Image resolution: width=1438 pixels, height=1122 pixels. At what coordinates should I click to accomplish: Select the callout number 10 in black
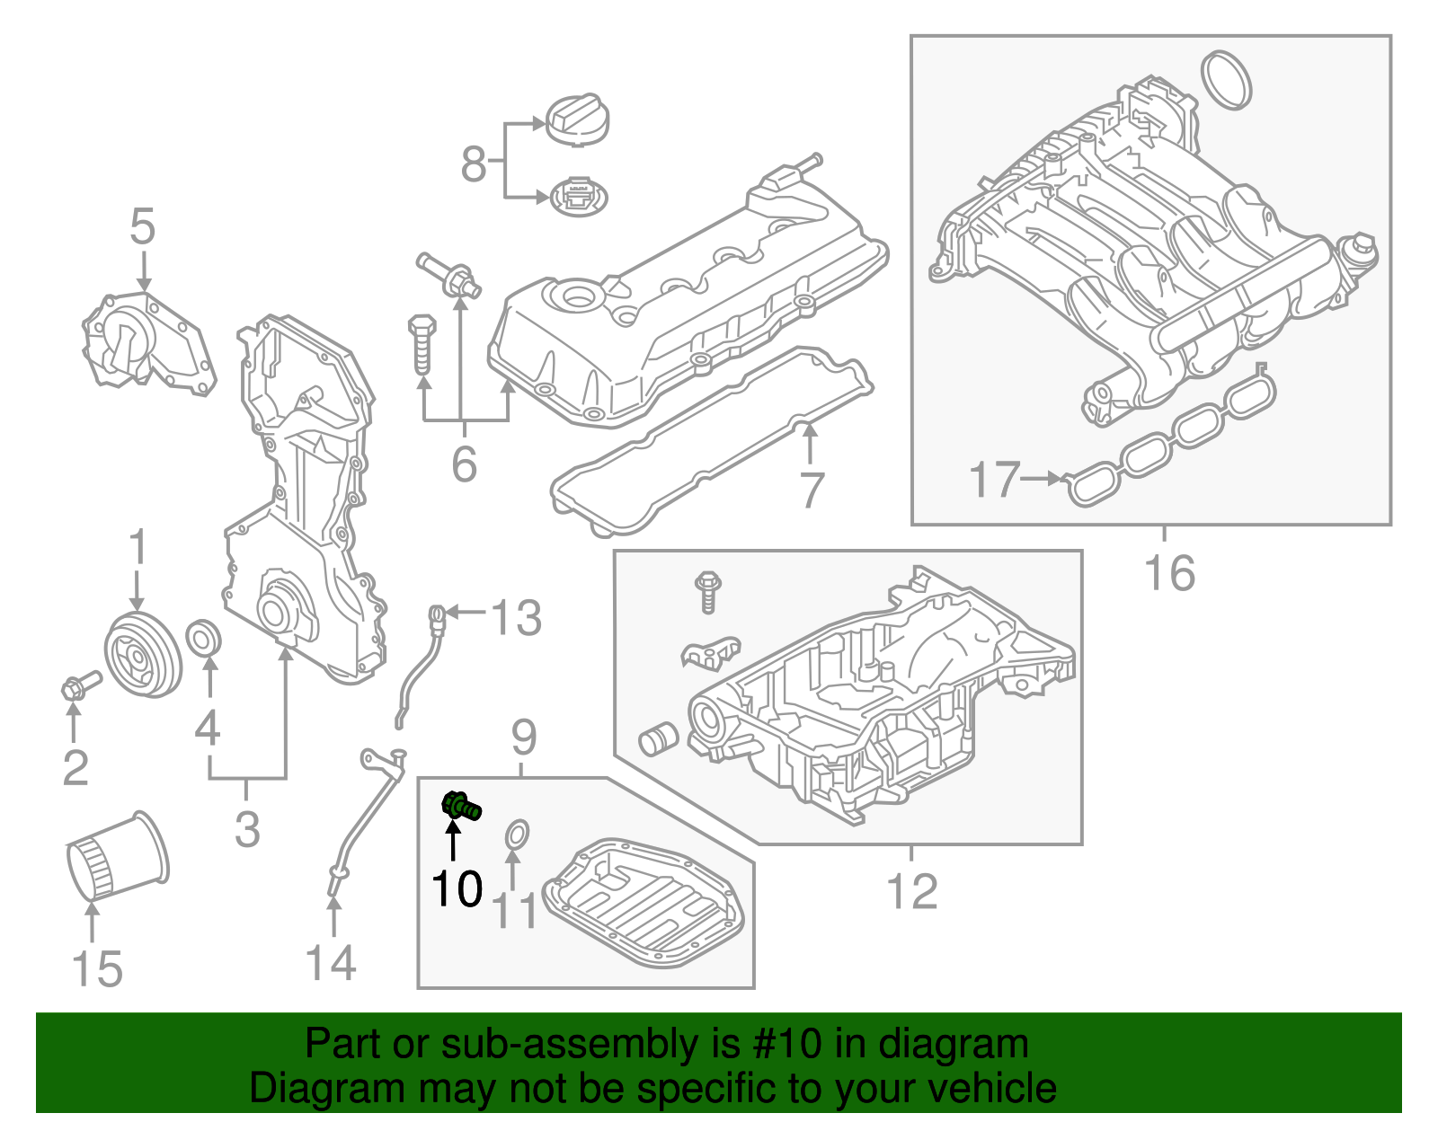(x=457, y=889)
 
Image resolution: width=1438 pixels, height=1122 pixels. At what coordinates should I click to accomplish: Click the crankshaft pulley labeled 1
(x=142, y=654)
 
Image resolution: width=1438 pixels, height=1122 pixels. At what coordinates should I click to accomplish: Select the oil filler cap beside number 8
(x=577, y=119)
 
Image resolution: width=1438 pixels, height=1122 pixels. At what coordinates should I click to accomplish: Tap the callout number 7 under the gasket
(x=812, y=490)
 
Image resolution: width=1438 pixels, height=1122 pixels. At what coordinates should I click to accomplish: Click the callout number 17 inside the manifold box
(x=995, y=480)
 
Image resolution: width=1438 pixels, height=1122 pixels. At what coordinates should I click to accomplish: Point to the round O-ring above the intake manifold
(x=1226, y=79)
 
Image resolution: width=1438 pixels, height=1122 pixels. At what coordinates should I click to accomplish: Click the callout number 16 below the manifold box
(x=1169, y=572)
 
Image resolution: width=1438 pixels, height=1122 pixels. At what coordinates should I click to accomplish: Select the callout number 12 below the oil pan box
(x=911, y=891)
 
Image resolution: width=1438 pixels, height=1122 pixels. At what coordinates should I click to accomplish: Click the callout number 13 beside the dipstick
(x=516, y=618)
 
